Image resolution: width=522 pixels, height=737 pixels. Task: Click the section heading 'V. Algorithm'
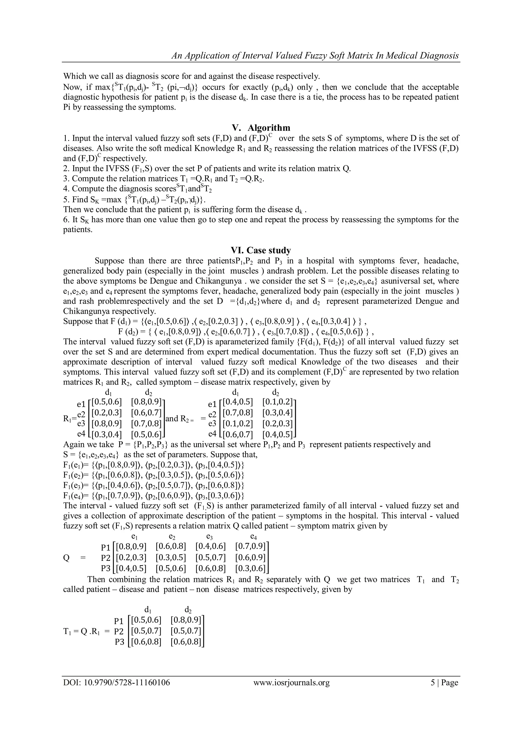click(x=261, y=128)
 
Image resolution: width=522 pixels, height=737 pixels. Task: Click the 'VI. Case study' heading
click(x=261, y=250)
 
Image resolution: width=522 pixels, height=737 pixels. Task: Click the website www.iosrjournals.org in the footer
click(x=292, y=682)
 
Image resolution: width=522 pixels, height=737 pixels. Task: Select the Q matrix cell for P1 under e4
click(x=250, y=546)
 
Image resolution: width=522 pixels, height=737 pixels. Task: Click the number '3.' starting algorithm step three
click(x=66, y=178)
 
